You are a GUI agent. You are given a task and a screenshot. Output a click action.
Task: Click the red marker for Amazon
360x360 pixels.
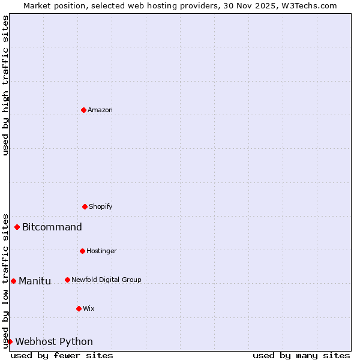[x=83, y=110]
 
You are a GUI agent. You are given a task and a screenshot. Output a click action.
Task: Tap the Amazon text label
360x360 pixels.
[x=100, y=110]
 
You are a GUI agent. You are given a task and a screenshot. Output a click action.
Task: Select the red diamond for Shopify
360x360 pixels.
[x=85, y=206]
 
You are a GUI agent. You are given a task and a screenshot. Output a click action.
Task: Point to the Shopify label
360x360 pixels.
[x=101, y=206]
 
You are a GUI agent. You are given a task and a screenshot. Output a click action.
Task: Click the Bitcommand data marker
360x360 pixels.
[x=17, y=227]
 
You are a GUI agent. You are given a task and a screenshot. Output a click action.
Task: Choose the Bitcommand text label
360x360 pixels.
[x=52, y=227]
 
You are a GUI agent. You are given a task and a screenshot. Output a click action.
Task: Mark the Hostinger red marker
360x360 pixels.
[x=82, y=251]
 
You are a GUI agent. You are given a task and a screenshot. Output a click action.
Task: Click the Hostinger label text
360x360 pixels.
[x=101, y=251]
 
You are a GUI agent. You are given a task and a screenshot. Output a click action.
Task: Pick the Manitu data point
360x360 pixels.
[x=13, y=281]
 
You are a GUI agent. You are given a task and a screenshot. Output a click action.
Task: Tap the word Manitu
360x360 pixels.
[x=35, y=281]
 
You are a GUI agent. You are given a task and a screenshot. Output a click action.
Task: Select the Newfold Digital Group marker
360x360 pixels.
[x=67, y=280]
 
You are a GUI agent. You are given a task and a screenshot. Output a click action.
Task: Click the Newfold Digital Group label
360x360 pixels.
[x=106, y=280]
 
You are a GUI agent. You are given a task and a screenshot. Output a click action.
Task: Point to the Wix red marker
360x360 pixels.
[x=79, y=308]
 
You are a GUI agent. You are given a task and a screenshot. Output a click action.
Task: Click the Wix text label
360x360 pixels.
[x=89, y=308]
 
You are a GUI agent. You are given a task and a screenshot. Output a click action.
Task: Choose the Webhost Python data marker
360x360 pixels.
[x=10, y=341]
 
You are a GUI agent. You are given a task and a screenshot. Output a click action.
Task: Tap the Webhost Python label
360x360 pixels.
[x=54, y=341]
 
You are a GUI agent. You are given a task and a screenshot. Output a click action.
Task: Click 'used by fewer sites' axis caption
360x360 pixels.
[x=62, y=355]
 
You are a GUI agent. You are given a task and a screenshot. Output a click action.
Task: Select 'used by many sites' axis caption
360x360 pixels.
[x=301, y=355]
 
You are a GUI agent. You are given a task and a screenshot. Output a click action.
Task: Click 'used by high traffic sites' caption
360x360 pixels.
[x=5, y=85]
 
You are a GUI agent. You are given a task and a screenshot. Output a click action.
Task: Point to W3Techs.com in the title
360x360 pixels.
[x=308, y=5]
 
